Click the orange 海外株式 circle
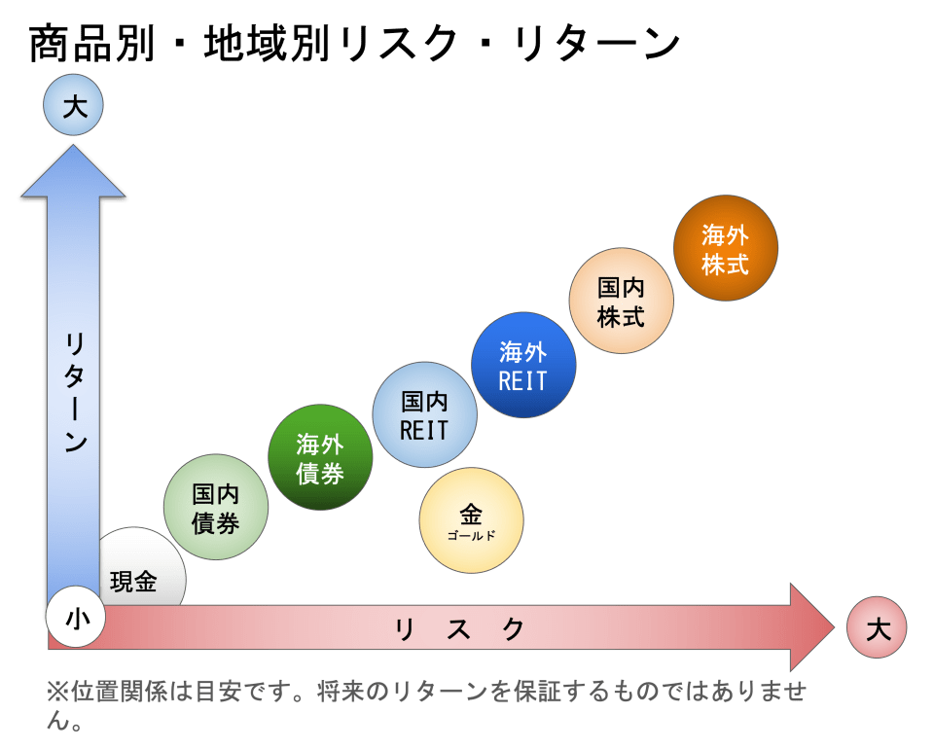point(725,248)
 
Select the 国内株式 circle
point(621,301)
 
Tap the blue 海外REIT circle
point(523,365)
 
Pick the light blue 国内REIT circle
point(424,415)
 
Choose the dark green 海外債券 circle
point(320,457)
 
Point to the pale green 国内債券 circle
point(216,507)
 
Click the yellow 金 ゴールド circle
point(471,520)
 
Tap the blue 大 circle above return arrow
point(74,105)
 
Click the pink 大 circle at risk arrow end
point(877,627)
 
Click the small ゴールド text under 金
point(471,536)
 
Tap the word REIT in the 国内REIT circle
point(424,429)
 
